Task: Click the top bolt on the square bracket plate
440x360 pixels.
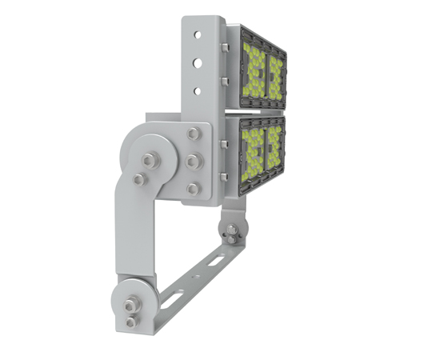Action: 193,135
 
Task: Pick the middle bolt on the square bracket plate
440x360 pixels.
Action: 193,162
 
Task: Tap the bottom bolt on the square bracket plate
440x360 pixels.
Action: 193,189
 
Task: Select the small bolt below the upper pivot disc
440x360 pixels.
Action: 140,178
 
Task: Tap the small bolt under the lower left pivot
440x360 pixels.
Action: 131,322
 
